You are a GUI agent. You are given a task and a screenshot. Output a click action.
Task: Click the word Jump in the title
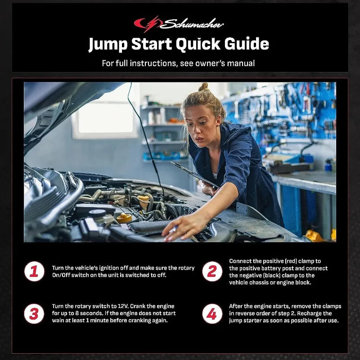click(108, 45)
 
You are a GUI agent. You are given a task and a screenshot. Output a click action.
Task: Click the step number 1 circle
click(34, 271)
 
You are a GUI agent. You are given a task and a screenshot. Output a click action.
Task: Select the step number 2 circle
click(211, 271)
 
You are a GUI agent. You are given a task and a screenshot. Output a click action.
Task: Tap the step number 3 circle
click(34, 314)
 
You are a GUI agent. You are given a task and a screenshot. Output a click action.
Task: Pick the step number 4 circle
click(211, 314)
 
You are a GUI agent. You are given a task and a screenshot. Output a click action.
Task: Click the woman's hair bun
click(203, 87)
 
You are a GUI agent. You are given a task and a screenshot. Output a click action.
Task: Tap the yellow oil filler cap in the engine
click(124, 218)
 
